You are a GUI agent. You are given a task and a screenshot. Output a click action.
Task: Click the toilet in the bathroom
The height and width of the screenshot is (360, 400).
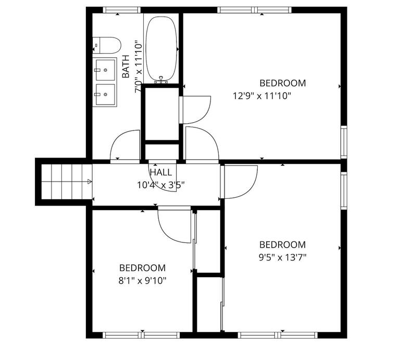(106, 45)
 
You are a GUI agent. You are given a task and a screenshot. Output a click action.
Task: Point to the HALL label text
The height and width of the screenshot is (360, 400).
(161, 172)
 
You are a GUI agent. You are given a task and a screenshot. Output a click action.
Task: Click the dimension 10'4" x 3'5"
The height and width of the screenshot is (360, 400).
(161, 184)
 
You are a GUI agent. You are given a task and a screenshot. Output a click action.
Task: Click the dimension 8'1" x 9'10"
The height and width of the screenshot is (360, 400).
(142, 280)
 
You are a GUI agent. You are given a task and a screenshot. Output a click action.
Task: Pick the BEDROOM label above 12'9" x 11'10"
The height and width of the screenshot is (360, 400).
(282, 83)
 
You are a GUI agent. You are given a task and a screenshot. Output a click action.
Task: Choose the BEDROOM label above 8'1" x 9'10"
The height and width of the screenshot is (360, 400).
(142, 268)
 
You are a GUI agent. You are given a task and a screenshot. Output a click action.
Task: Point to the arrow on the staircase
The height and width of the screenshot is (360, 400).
(90, 182)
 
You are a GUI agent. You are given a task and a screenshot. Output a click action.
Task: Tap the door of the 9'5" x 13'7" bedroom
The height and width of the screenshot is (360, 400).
(240, 182)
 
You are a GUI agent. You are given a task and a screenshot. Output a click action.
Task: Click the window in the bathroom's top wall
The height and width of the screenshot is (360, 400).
(121, 10)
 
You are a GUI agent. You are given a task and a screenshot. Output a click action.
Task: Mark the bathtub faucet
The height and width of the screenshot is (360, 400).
(162, 80)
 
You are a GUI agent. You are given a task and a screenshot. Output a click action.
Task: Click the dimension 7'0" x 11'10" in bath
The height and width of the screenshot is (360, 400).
(138, 67)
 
